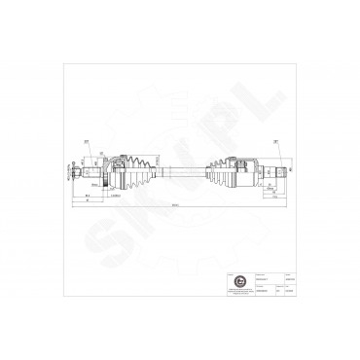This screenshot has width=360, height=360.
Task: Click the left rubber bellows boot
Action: tap(142, 169)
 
